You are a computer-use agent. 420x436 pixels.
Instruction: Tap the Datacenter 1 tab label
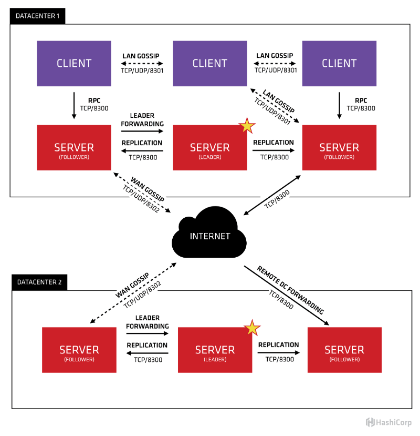[37, 16]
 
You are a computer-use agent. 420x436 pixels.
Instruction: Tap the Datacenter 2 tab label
[39, 282]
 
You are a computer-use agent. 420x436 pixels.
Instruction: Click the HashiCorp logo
[389, 422]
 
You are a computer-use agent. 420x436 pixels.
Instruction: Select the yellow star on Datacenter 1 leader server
[247, 126]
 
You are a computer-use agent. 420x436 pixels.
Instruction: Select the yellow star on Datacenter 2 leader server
[253, 328]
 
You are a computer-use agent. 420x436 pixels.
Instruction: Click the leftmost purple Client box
[74, 64]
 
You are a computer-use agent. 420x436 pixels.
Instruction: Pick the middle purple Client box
[209, 64]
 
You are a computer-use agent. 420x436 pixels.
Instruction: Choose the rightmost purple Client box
[339, 64]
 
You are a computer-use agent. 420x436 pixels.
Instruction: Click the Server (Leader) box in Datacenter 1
[209, 148]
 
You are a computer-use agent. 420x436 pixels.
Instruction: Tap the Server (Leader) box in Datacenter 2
[215, 350]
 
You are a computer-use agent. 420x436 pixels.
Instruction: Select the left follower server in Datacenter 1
[74, 148]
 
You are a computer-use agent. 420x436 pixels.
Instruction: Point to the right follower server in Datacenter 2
[344, 350]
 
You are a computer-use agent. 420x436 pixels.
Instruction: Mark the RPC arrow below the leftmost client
[74, 105]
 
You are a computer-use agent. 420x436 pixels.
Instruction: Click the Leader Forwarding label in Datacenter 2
[148, 322]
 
